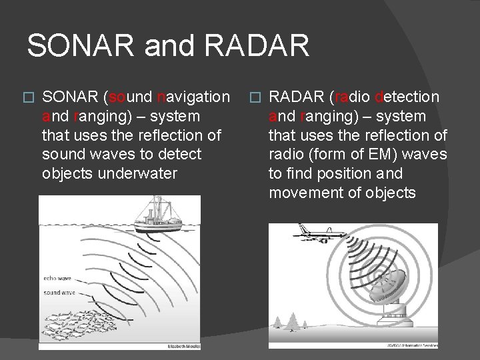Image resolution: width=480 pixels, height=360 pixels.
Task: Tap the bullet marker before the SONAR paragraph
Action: click(27, 98)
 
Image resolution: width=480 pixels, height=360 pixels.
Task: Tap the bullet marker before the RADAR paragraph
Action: click(255, 98)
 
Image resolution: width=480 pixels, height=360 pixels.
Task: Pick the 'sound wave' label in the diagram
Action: click(59, 292)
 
